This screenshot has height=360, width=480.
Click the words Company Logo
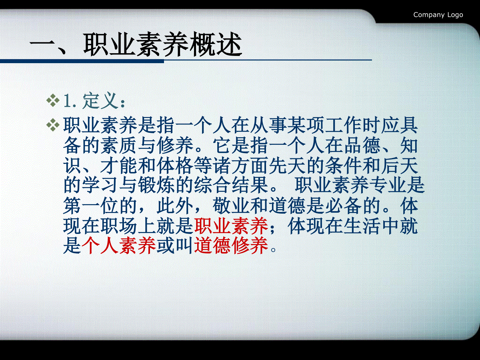click(438, 15)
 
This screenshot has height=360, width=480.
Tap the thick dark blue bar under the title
click(82, 61)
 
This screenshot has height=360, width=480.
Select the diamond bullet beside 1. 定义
click(53, 100)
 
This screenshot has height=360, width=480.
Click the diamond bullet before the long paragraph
click(53, 125)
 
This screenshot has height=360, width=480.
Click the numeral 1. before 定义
click(70, 101)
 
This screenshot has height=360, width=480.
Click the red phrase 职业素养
click(231, 226)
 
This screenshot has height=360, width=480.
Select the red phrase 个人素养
click(118, 246)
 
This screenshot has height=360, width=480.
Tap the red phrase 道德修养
click(231, 246)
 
